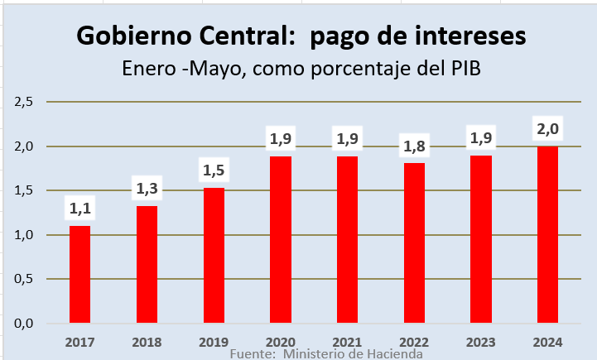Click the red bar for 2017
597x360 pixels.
(x=79, y=274)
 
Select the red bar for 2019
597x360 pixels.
(x=214, y=255)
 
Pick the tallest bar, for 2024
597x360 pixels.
(x=547, y=234)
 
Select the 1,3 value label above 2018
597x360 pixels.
(x=147, y=190)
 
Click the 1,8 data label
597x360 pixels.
(x=414, y=147)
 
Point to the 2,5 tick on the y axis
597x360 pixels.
(x=23, y=102)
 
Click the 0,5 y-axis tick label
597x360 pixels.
(x=23, y=279)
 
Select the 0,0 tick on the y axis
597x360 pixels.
(x=23, y=323)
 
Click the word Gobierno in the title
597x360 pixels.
(x=132, y=36)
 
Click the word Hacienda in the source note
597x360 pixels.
(x=392, y=353)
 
